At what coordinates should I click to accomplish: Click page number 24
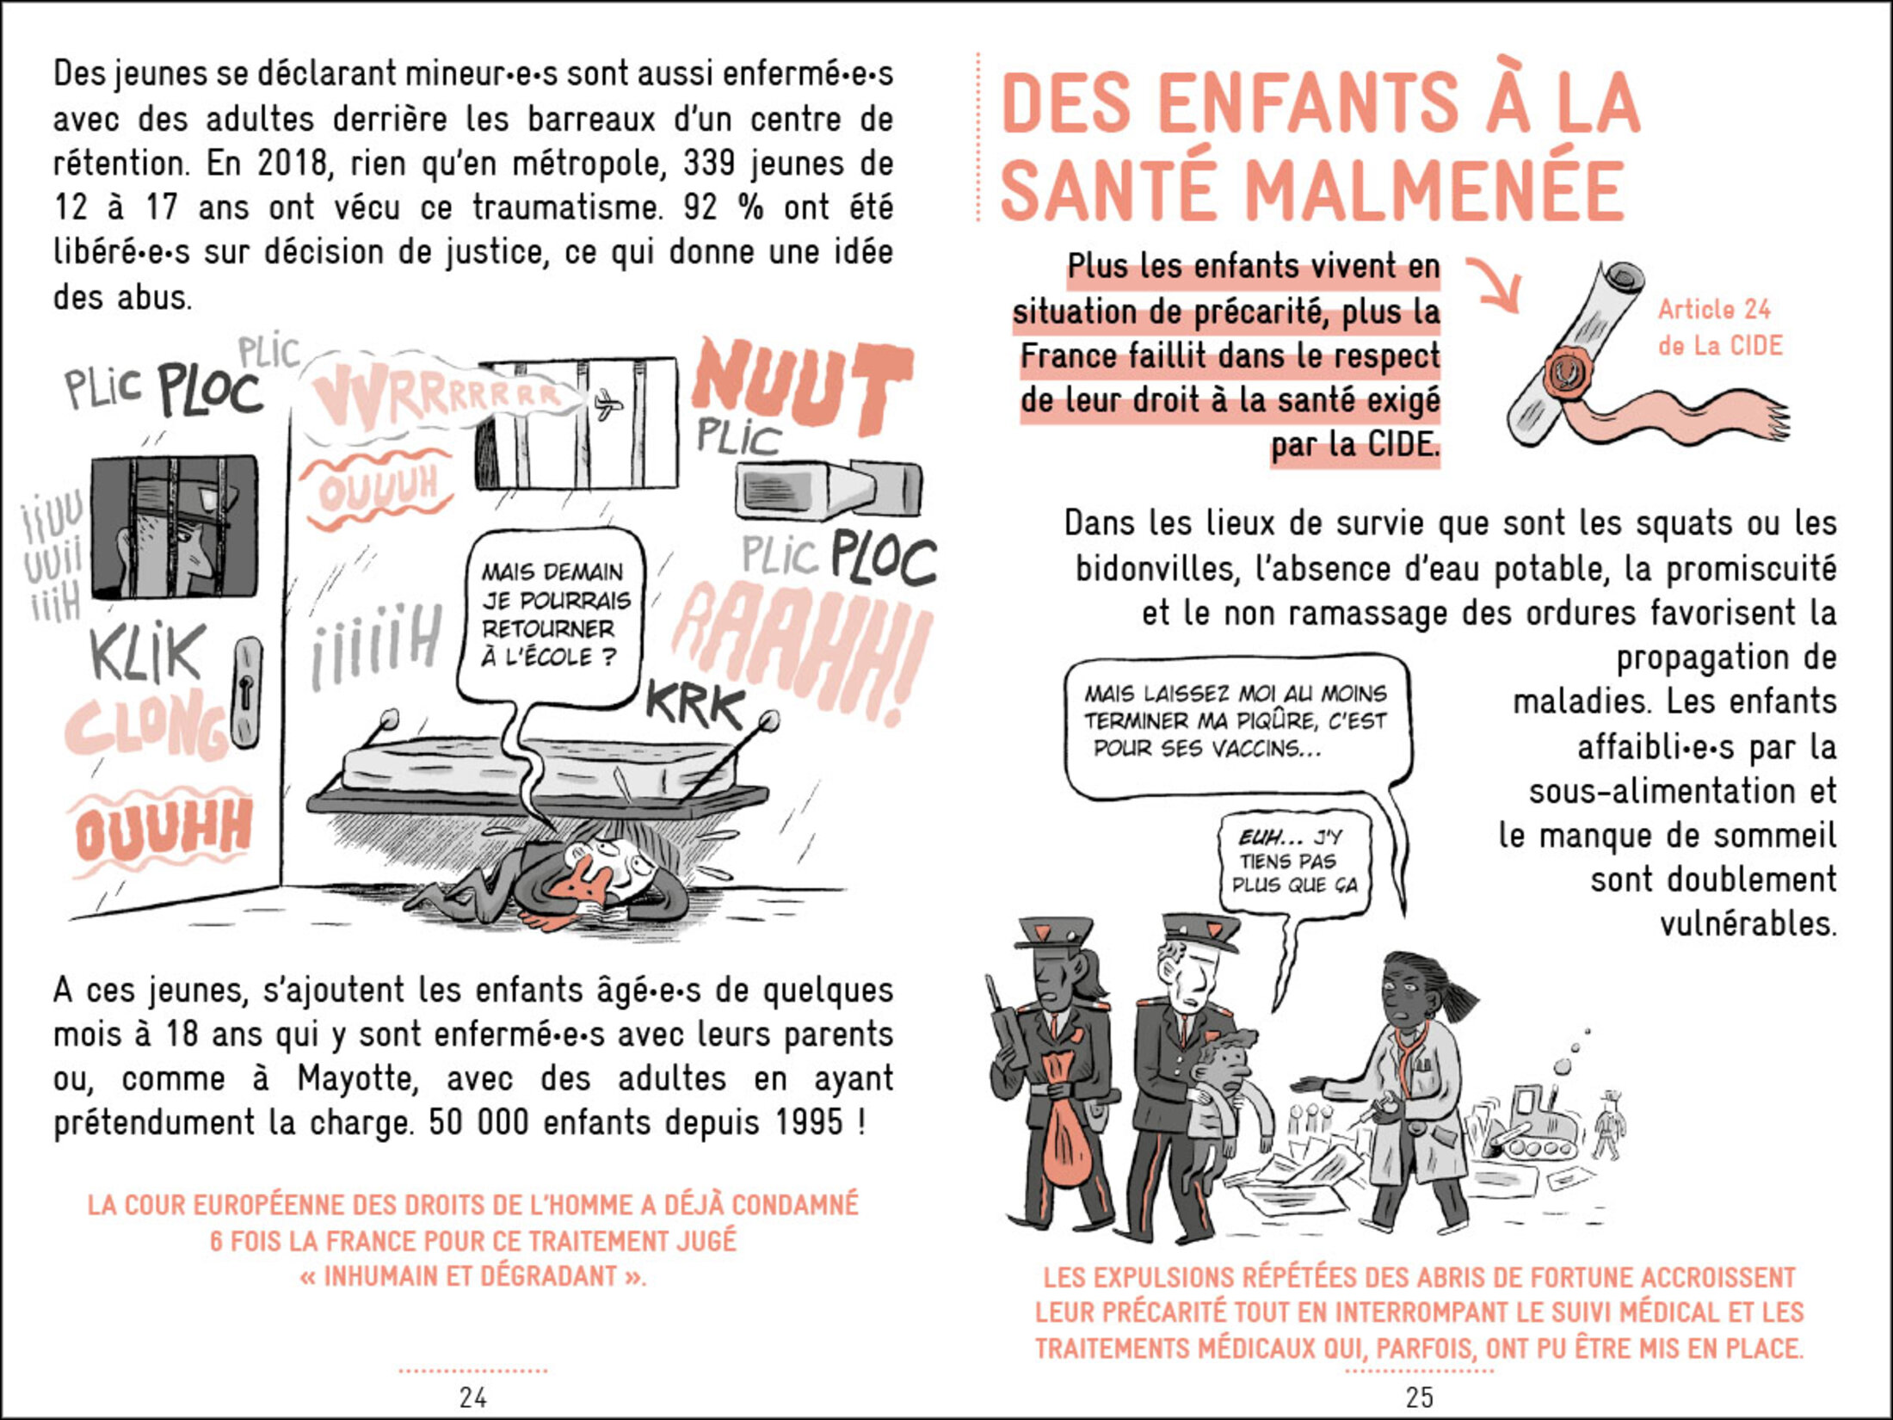click(x=472, y=1396)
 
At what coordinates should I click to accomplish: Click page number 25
click(x=1419, y=1396)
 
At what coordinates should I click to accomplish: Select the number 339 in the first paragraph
click(x=709, y=163)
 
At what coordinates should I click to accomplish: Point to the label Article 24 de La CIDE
click(x=1720, y=327)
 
